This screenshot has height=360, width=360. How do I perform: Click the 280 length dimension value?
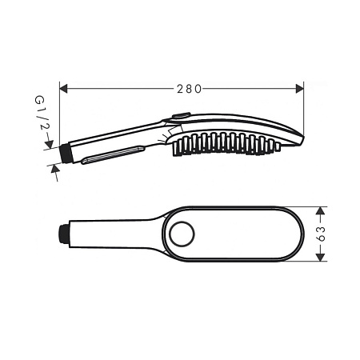click(190, 89)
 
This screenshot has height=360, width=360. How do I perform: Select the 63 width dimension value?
click(322, 234)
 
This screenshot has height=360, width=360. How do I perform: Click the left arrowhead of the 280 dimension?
click(63, 89)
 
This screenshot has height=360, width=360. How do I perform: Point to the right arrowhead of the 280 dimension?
click(300, 89)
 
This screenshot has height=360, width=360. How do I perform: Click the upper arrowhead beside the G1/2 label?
click(50, 144)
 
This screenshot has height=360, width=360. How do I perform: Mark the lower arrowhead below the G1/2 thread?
click(54, 169)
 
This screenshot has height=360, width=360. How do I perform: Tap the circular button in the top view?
click(182, 234)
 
